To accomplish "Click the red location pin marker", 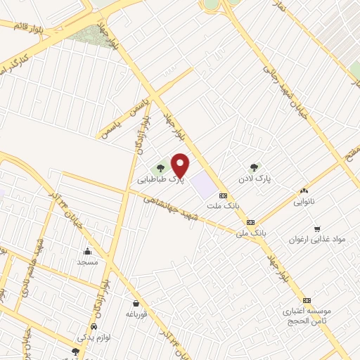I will (x=181, y=165).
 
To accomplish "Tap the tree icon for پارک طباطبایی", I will (x=161, y=168).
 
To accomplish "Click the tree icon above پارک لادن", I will (x=255, y=167).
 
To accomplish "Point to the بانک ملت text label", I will (x=224, y=206).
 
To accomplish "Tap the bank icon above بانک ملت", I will (x=224, y=196).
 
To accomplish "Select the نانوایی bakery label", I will (x=304, y=201).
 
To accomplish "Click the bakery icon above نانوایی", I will (x=304, y=191).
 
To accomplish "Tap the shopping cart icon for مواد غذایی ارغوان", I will (x=318, y=229).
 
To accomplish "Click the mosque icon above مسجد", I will (x=88, y=252).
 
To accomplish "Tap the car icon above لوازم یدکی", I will (x=94, y=328).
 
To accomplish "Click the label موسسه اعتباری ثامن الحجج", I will (x=307, y=314).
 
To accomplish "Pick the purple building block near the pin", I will (x=202, y=184).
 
